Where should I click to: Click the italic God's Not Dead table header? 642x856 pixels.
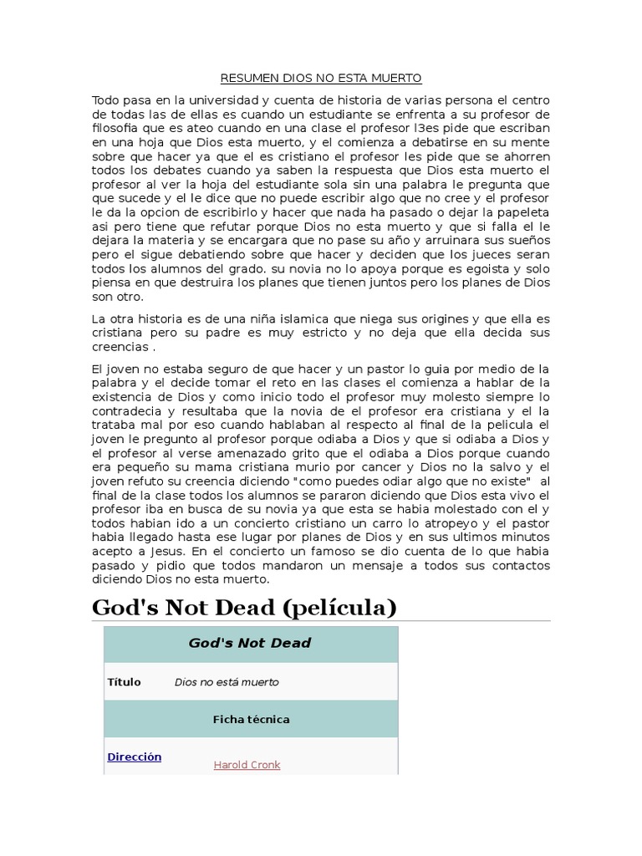pyautogui.click(x=250, y=644)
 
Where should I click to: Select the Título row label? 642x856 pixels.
pyautogui.click(x=124, y=682)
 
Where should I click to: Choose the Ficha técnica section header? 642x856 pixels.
pyautogui.click(x=251, y=720)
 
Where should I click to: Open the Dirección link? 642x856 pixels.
pyautogui.click(x=134, y=757)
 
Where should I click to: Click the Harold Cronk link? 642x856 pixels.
pyautogui.click(x=247, y=766)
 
